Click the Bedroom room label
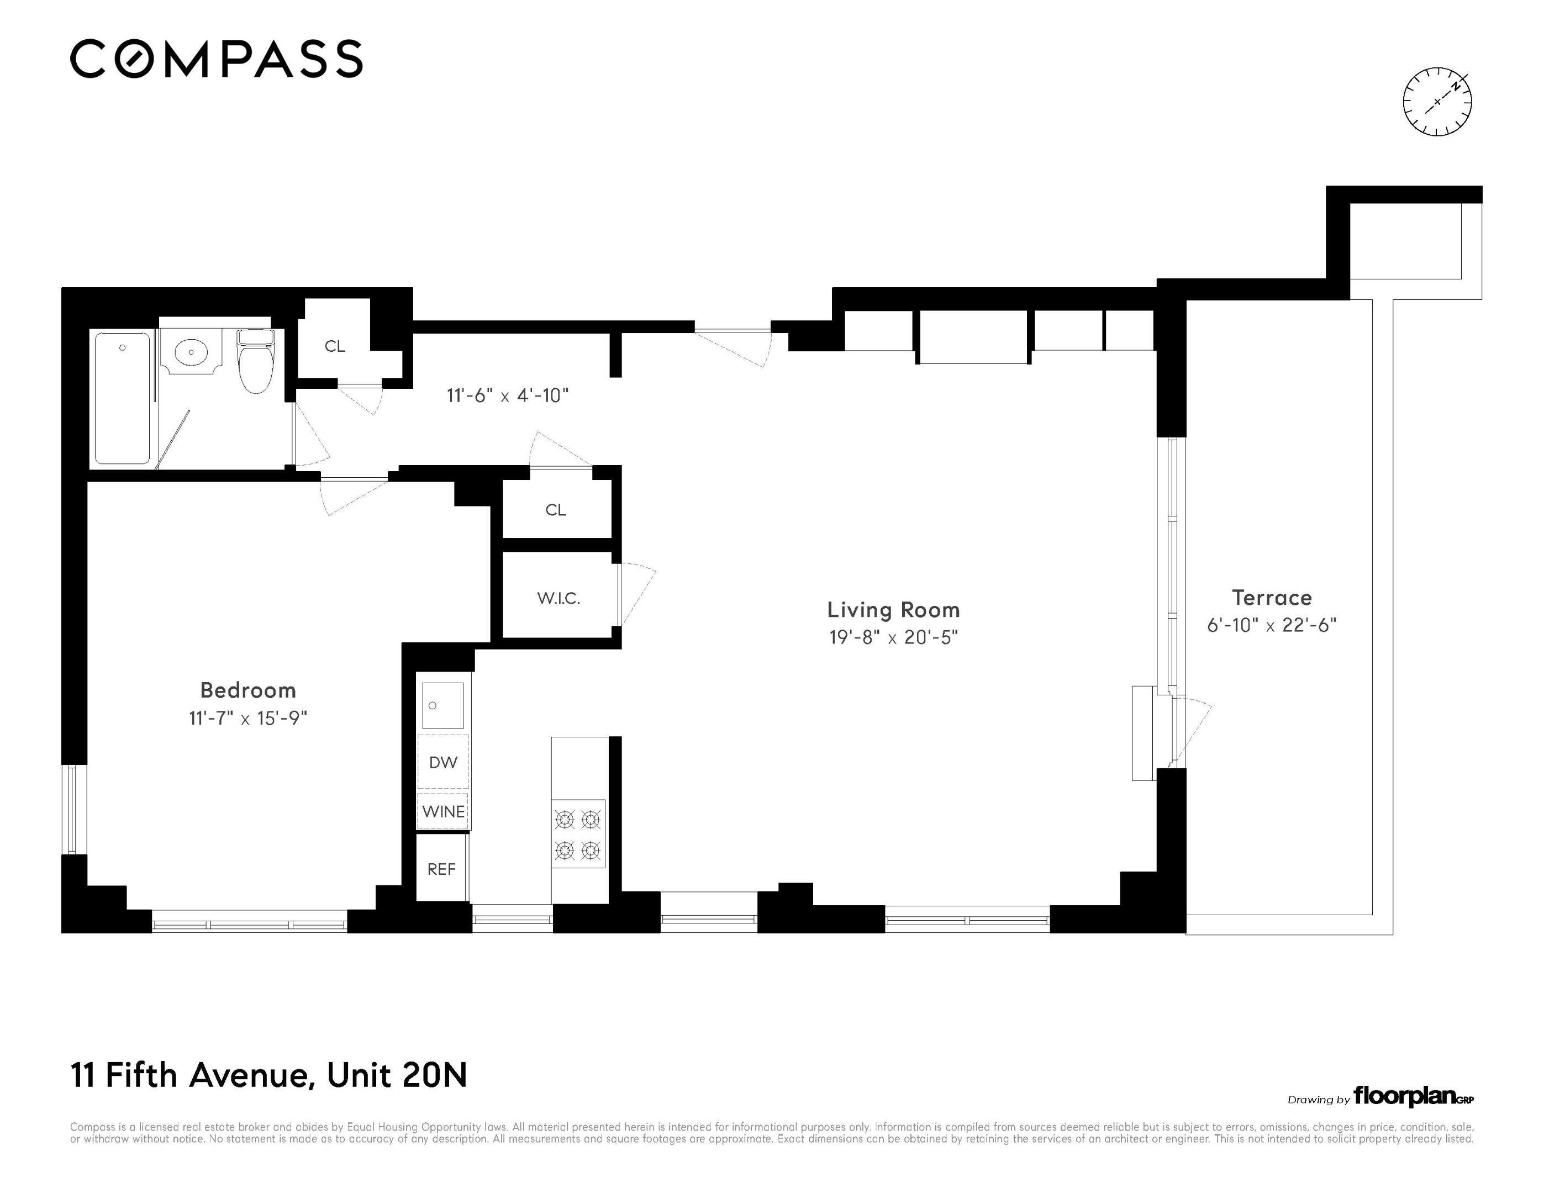coord(248,690)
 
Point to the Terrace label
coord(1272,598)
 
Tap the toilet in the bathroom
coord(255,361)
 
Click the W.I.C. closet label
coord(558,599)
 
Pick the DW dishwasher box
coord(443,762)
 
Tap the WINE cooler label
coord(443,811)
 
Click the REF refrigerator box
coord(441,869)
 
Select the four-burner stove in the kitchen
coord(578,834)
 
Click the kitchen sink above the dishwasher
coord(443,705)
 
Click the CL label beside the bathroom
coord(335,346)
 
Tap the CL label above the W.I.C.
coord(556,510)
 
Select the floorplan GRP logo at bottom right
coord(1413,1097)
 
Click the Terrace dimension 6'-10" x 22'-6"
coord(1272,625)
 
